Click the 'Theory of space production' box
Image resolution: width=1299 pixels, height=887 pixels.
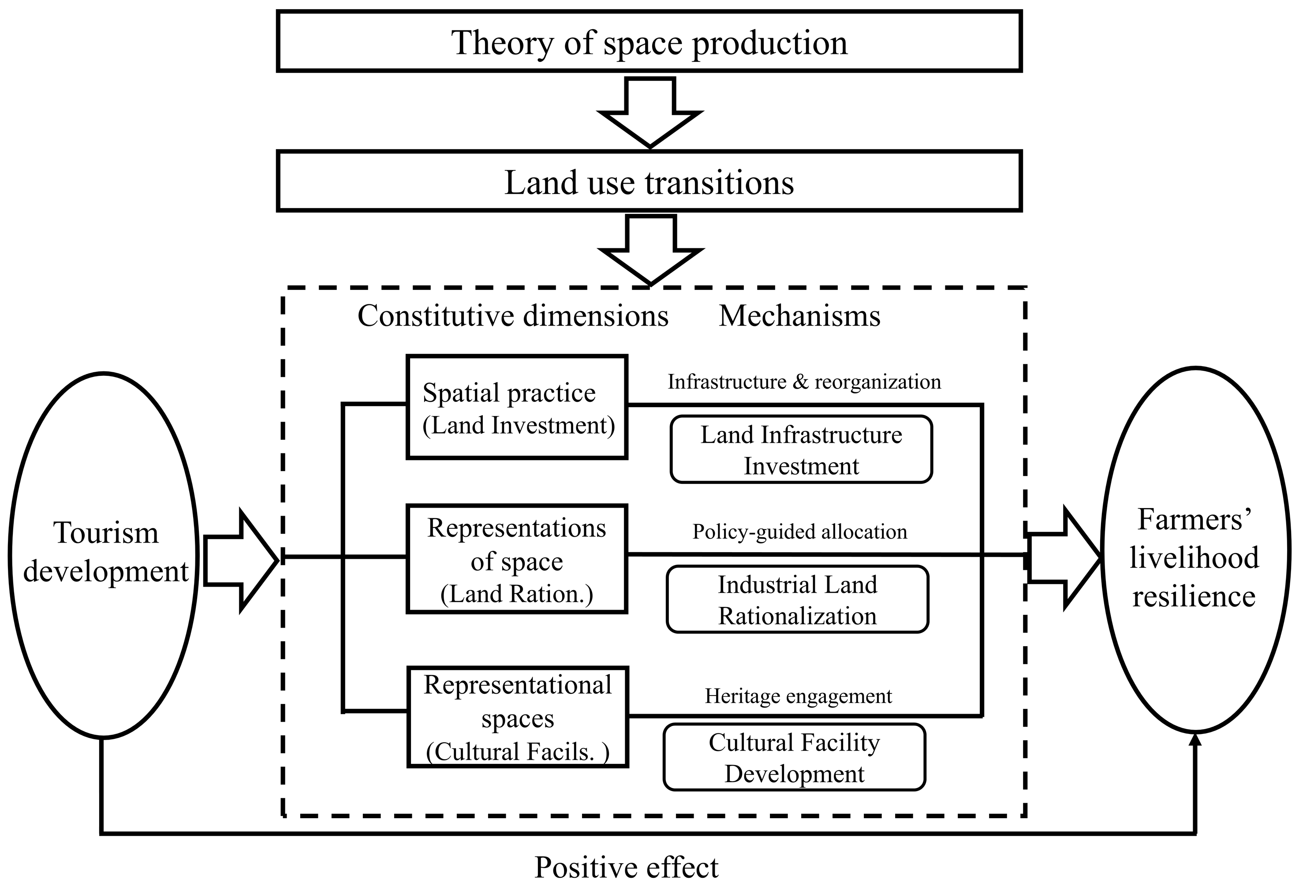click(649, 42)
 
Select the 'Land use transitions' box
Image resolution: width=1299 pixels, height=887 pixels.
click(649, 181)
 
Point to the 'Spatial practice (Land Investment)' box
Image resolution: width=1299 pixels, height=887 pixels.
click(517, 407)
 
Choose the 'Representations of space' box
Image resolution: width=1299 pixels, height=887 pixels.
click(517, 559)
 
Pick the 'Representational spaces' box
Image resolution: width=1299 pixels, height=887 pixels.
click(518, 717)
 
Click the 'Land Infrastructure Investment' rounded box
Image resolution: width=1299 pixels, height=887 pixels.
click(801, 449)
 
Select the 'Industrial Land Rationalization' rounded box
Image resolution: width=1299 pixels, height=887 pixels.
click(798, 599)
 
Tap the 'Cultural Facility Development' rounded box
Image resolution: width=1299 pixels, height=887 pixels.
click(794, 757)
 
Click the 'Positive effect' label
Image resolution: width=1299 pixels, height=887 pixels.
click(626, 867)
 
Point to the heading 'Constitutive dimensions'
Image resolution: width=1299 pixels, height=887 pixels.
click(512, 316)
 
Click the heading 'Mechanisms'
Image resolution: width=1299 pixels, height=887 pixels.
click(799, 316)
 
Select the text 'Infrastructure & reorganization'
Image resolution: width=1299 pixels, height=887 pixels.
click(804, 382)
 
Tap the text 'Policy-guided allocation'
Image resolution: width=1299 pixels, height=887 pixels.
click(799, 531)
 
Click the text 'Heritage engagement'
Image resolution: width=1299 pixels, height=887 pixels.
click(798, 696)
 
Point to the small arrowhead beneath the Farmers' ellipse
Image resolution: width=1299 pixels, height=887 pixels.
click(1195, 741)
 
